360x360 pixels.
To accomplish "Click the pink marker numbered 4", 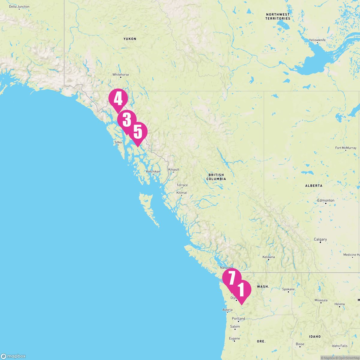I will click(x=118, y=99).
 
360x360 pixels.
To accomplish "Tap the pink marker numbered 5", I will click(x=138, y=132).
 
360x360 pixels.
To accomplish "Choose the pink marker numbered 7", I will click(x=232, y=278).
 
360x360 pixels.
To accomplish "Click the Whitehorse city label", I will click(x=121, y=74).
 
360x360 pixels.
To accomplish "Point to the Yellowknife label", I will click(x=317, y=40).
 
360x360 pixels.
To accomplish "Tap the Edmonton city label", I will click(x=326, y=200).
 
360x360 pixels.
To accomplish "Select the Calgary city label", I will click(x=320, y=239).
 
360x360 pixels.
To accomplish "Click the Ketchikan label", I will click(x=153, y=172).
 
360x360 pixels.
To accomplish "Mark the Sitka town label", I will click(x=118, y=142).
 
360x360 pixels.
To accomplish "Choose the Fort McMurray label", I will click(x=346, y=148).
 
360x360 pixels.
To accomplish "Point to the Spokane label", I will click(x=288, y=289).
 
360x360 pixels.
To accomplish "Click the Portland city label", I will click(x=238, y=319).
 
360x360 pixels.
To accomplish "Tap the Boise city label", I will click(x=300, y=344).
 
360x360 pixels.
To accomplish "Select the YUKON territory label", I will click(x=130, y=39).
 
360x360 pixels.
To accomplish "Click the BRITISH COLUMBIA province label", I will click(x=216, y=177).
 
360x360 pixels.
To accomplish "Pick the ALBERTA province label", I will click(x=314, y=186).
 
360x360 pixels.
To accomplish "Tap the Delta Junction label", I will click(x=19, y=7).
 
